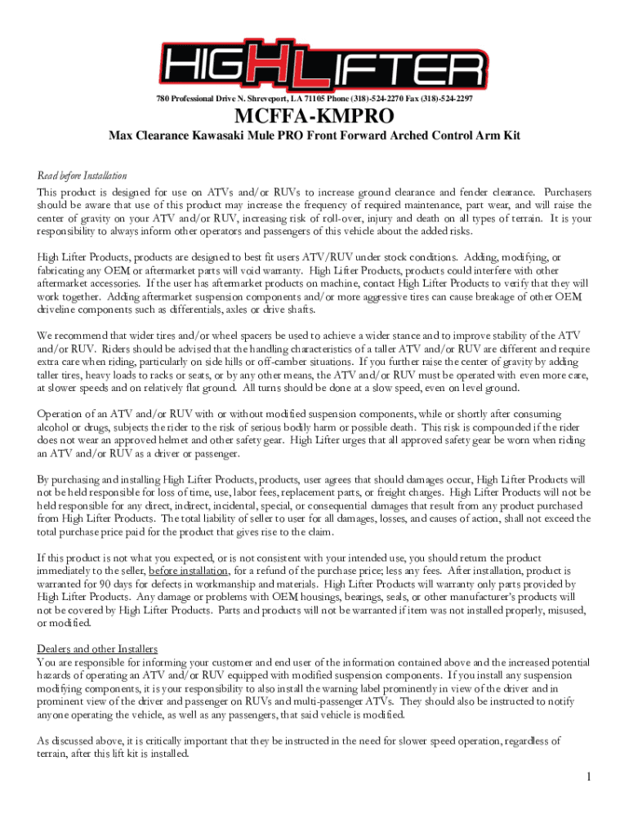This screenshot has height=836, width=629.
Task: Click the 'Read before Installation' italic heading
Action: pyautogui.click(x=82, y=176)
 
